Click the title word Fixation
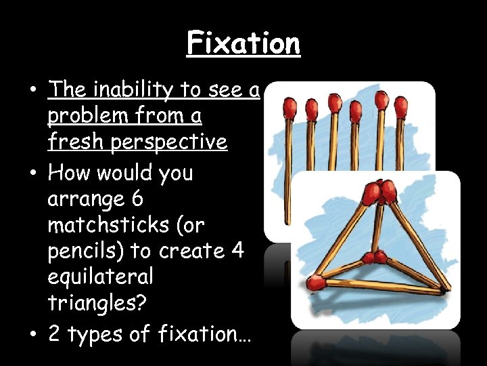(243, 44)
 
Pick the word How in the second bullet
(70, 173)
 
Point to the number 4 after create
(237, 250)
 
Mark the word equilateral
(100, 277)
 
